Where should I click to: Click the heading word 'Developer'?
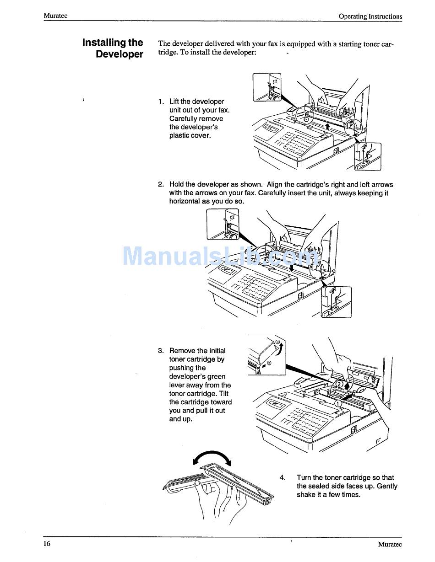(x=120, y=54)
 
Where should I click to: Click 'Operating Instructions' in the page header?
(x=370, y=16)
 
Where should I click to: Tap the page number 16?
(x=47, y=543)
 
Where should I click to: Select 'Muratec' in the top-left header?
(x=56, y=16)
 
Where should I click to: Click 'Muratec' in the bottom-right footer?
(x=390, y=544)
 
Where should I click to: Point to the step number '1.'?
(x=161, y=102)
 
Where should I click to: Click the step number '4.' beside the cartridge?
(x=283, y=477)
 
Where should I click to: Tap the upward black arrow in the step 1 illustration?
(x=327, y=126)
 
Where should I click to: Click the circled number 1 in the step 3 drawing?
(x=338, y=404)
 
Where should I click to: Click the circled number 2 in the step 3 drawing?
(x=340, y=384)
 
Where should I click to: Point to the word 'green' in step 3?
(x=216, y=376)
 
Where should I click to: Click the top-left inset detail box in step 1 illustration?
(x=267, y=87)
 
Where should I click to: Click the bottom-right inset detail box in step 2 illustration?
(x=336, y=302)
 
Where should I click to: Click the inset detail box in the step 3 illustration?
(x=266, y=355)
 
